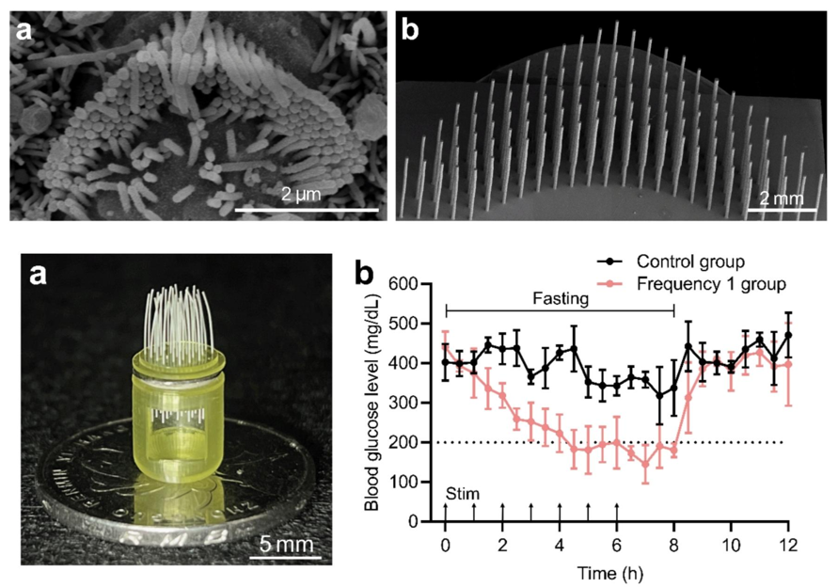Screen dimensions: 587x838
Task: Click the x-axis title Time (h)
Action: pos(616,571)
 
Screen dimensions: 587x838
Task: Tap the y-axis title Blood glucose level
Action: pos(374,402)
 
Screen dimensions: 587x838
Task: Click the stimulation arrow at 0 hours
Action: pos(445,511)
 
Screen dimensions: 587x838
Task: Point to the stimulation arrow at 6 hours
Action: pos(617,511)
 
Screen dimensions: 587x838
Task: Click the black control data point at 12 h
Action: pos(788,335)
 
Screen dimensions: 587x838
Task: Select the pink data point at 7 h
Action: pos(645,463)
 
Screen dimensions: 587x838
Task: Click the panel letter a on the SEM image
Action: pos(26,34)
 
